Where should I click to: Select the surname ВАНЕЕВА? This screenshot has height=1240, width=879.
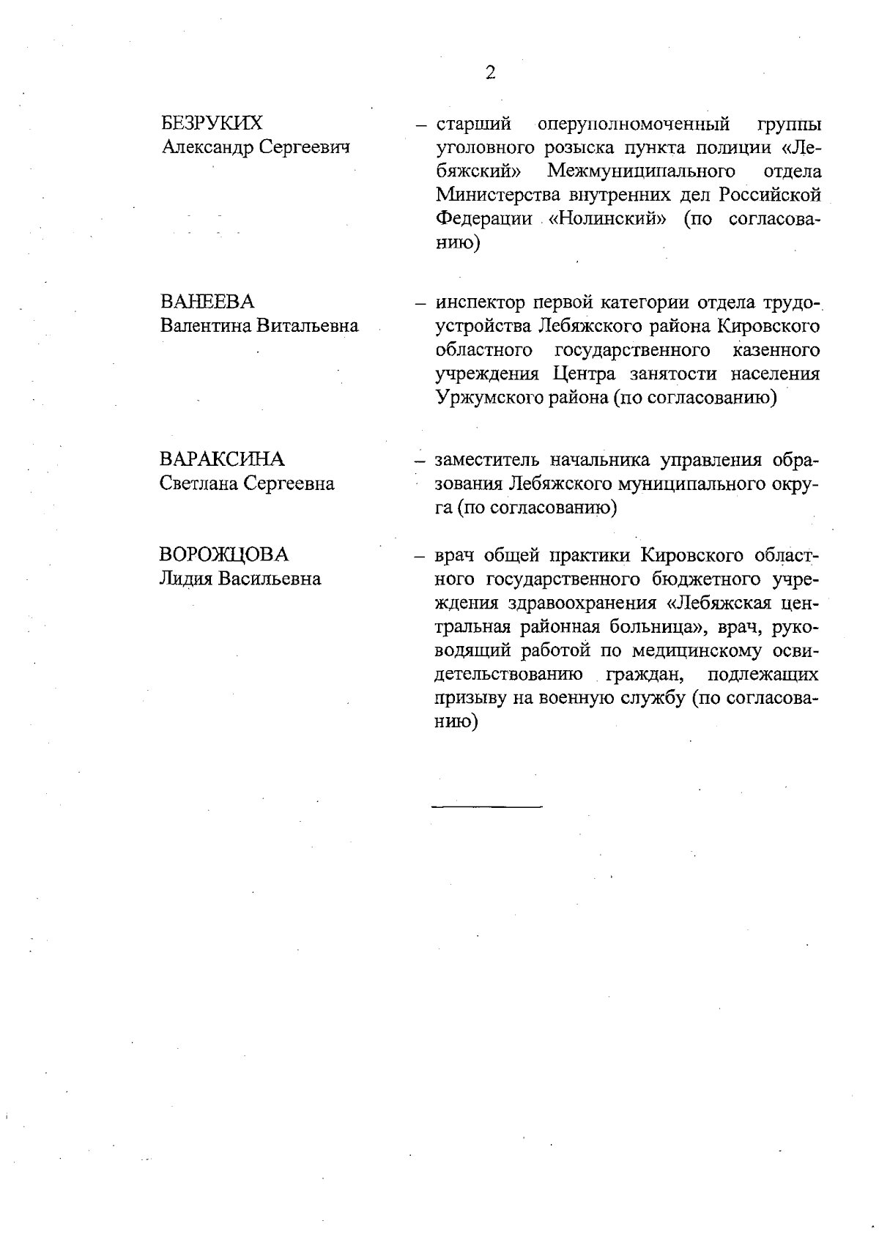(207, 302)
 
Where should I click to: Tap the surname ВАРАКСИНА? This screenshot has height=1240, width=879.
(222, 459)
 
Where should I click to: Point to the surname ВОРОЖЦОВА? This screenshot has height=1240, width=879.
(224, 554)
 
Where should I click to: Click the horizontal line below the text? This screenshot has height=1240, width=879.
(487, 806)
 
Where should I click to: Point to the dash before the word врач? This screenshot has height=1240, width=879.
(420, 555)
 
